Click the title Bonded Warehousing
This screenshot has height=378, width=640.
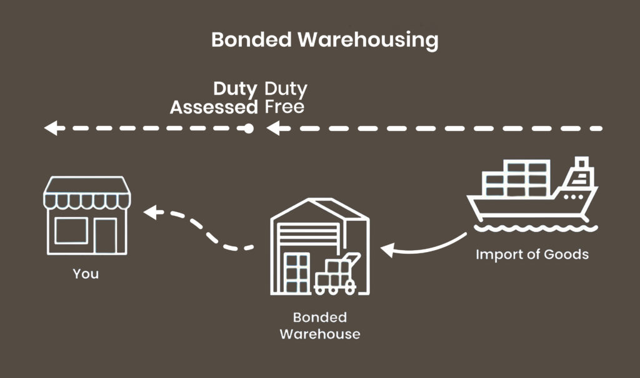coord(324,40)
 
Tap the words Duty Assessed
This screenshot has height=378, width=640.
coord(214,98)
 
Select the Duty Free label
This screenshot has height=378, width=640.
coord(285,98)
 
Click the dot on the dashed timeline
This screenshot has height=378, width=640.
coord(248,129)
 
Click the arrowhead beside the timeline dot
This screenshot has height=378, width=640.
coord(271,129)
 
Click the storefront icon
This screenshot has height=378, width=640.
coord(86,215)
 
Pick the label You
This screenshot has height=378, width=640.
coord(86,274)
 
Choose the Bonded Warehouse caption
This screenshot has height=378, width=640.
coord(319,326)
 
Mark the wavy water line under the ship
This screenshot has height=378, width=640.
coord(531,228)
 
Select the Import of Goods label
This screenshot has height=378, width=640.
coord(532,254)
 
